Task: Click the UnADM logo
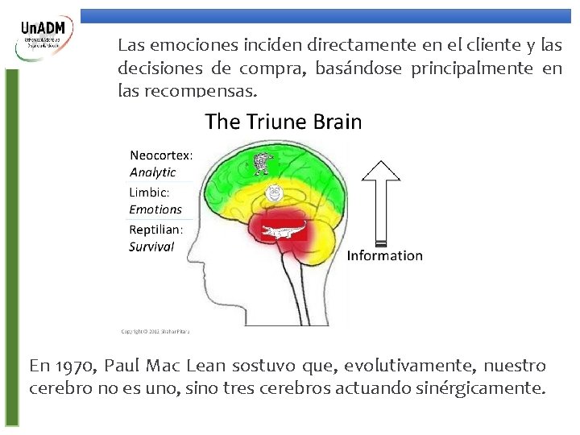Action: (x=47, y=38)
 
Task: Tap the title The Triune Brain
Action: (x=284, y=122)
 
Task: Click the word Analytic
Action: (x=152, y=172)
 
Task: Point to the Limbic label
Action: (x=149, y=193)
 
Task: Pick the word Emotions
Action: (x=155, y=209)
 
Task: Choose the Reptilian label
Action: (x=156, y=229)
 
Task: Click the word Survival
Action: (x=151, y=246)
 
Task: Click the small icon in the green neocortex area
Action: (x=260, y=164)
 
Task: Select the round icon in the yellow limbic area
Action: (x=274, y=193)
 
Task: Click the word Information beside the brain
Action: (x=384, y=255)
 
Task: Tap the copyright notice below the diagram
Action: (x=155, y=330)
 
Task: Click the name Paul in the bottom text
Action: (x=122, y=366)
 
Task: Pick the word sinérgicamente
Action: (x=491, y=387)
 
